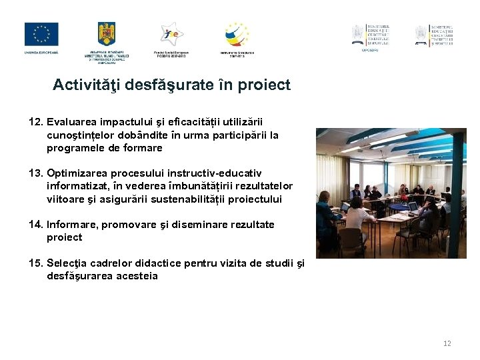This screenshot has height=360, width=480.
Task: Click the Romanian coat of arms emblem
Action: (107, 33)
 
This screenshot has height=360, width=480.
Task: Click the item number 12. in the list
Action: (36, 122)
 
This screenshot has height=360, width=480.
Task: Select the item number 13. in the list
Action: (36, 173)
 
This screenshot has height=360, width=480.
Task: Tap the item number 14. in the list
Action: (36, 225)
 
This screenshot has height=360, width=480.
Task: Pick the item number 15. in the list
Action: (36, 263)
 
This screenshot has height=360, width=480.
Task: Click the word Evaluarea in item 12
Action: (73, 122)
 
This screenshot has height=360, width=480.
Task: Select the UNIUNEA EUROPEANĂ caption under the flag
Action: (41, 52)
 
